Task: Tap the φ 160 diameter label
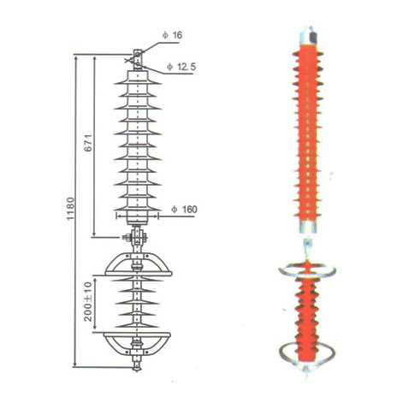pos(182,209)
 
